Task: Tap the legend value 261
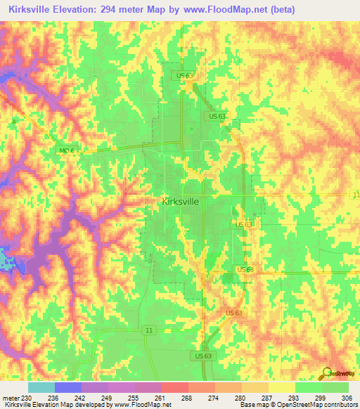point(161,397)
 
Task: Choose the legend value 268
point(188,397)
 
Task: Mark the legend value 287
point(268,397)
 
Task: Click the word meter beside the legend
point(10,397)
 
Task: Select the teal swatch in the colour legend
point(41,387)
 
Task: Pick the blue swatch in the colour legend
point(68,387)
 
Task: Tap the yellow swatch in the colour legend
point(281,387)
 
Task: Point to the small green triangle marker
point(12,121)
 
